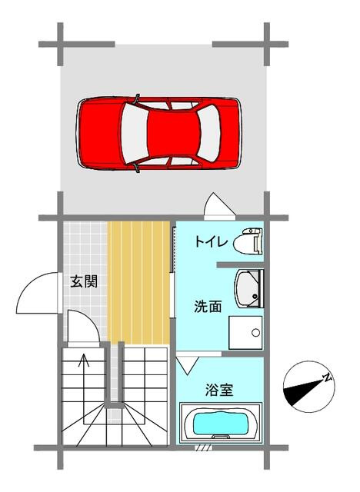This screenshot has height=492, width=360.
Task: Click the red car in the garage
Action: pyautogui.click(x=159, y=132)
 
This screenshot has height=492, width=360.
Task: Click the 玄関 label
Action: pyautogui.click(x=84, y=281)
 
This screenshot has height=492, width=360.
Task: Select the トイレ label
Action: pyautogui.click(x=208, y=243)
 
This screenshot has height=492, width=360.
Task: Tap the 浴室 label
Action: pyautogui.click(x=218, y=389)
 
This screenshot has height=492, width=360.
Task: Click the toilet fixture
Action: pyautogui.click(x=251, y=241)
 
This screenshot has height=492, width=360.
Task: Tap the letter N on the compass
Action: pyautogui.click(x=327, y=377)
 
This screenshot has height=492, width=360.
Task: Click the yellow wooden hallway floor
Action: pyautogui.click(x=138, y=281)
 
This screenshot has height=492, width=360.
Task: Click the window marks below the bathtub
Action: pyautogui.click(x=204, y=447)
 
